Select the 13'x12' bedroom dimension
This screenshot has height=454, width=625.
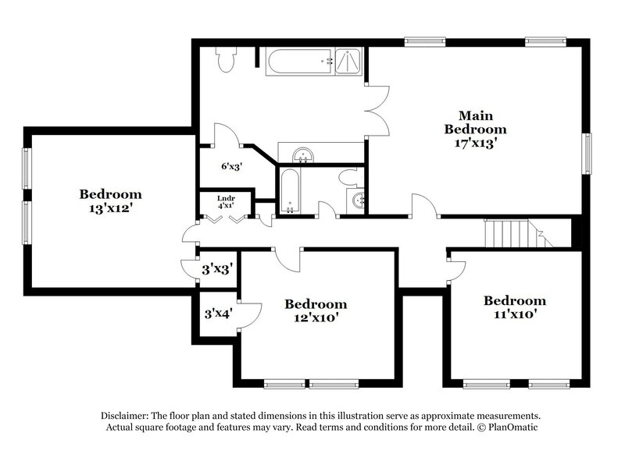click(110, 208)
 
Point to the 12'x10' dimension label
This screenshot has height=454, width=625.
click(315, 317)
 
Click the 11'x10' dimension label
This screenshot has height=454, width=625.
click(514, 314)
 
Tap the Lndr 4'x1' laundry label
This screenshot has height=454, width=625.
click(226, 202)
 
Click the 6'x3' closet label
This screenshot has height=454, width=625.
click(233, 166)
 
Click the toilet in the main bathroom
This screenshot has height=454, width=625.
click(227, 59)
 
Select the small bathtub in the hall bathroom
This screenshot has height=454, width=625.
click(289, 190)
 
